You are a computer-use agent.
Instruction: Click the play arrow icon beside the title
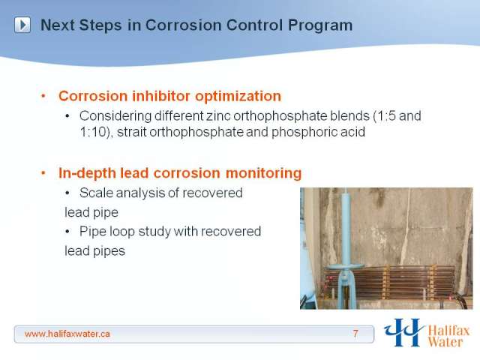[22, 25]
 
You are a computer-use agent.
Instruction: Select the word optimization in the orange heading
[238, 96]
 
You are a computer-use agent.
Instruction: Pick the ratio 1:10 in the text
[93, 132]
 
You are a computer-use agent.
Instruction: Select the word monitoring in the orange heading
[263, 173]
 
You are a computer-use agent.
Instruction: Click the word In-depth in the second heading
[88, 173]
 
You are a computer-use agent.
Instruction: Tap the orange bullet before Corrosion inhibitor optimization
[43, 96]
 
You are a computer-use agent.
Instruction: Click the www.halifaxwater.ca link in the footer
[67, 334]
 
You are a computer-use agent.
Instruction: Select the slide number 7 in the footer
[355, 333]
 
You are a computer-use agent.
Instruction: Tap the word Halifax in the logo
[448, 331]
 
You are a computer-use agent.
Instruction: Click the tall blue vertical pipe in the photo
[346, 226]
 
